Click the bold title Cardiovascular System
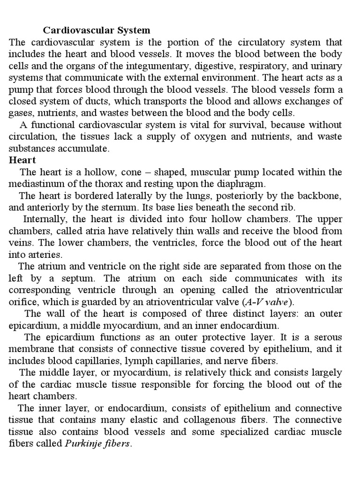click(x=97, y=30)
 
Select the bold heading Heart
click(x=23, y=160)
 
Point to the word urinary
click(x=327, y=66)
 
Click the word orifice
click(x=22, y=301)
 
